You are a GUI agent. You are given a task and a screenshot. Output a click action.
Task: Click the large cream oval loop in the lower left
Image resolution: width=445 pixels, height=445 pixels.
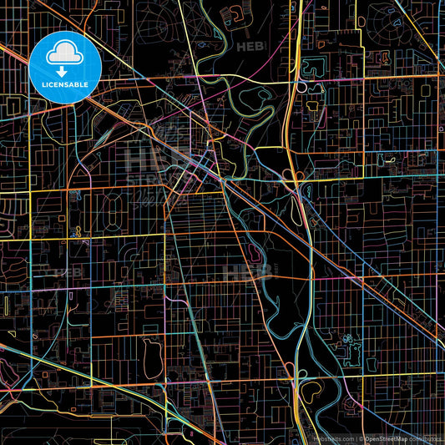tap(151, 357)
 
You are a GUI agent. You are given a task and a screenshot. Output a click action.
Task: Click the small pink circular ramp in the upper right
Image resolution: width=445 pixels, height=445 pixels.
tap(295, 176)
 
